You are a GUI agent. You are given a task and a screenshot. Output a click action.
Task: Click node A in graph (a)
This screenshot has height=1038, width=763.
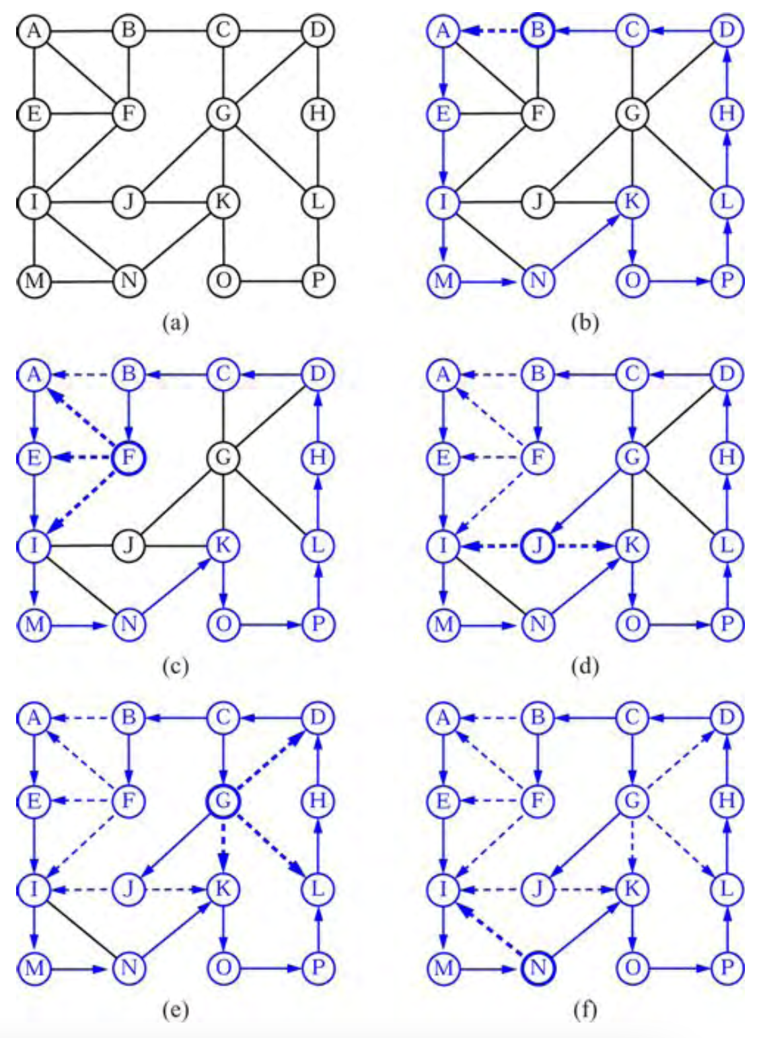click(34, 31)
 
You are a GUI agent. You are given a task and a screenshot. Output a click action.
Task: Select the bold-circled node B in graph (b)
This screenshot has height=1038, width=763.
click(537, 31)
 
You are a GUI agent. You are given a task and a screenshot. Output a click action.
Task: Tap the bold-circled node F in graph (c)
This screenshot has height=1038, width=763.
click(129, 458)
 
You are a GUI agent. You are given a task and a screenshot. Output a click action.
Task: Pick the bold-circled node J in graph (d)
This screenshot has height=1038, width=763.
click(537, 546)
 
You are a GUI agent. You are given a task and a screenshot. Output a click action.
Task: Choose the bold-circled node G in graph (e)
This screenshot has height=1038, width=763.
click(223, 801)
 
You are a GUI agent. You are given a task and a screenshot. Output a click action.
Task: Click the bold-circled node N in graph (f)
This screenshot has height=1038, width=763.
click(538, 969)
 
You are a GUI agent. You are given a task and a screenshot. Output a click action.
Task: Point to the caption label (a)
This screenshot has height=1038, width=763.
click(176, 323)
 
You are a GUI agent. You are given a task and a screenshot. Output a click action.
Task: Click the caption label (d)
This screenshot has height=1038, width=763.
click(584, 666)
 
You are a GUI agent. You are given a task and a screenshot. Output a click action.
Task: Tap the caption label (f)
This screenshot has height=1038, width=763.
click(584, 1010)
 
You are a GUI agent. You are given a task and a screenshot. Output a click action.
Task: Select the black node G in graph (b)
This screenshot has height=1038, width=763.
click(632, 114)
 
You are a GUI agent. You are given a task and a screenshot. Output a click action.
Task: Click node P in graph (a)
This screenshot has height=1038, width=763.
click(318, 280)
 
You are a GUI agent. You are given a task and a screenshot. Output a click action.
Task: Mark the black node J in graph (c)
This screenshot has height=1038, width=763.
click(129, 545)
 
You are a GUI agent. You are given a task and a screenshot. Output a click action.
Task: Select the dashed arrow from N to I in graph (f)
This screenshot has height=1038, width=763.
click(490, 929)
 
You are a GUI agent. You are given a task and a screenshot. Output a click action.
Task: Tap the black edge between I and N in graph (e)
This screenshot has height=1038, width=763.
click(81, 929)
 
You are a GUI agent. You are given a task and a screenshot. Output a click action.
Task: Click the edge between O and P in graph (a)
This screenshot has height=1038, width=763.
click(270, 280)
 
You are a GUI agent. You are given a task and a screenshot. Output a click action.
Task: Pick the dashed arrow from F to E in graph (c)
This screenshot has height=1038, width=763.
click(81, 458)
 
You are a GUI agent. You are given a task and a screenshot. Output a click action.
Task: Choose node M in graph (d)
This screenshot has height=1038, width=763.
click(443, 625)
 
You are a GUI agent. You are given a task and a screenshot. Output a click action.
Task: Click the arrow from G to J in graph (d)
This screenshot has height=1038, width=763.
click(584, 502)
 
